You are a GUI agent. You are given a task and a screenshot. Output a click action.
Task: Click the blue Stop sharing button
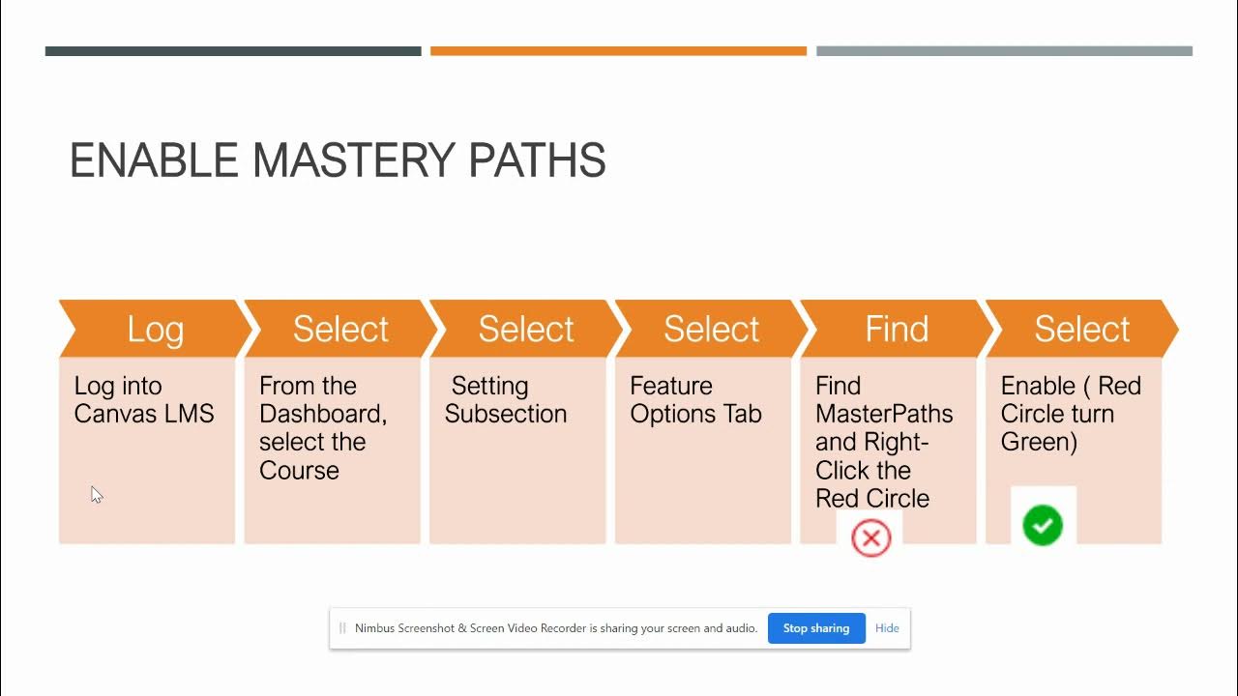click(816, 628)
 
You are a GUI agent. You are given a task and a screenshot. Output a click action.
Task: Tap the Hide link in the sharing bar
click(887, 628)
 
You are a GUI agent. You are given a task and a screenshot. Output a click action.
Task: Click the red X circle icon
click(870, 538)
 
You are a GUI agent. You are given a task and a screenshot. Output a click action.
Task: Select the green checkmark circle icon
click(1043, 526)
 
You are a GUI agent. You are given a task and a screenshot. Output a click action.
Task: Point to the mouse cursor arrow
click(96, 494)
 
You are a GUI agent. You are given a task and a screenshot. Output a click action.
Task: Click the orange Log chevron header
click(155, 329)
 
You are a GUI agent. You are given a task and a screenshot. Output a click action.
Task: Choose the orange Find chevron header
click(897, 329)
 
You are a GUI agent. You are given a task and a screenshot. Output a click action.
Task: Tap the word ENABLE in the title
click(154, 160)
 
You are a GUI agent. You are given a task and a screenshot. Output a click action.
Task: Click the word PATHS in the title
click(537, 160)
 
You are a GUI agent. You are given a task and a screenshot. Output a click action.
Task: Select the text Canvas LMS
click(144, 414)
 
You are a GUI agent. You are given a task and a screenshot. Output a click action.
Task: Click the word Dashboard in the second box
click(321, 414)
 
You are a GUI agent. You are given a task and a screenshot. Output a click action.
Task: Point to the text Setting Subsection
click(506, 400)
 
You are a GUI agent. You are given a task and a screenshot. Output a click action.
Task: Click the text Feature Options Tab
click(695, 400)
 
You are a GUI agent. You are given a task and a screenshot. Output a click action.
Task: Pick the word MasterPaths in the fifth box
click(884, 414)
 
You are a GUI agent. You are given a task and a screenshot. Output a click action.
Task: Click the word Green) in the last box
click(1039, 442)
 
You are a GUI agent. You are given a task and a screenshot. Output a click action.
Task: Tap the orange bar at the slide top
click(618, 51)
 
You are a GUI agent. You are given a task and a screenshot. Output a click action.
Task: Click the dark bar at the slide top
click(233, 51)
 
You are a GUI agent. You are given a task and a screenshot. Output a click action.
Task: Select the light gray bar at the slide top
click(1004, 51)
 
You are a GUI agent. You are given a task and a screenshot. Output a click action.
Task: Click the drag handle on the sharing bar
click(341, 628)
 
